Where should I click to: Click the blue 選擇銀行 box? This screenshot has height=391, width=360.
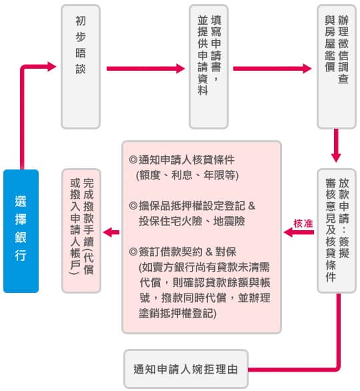(21, 231)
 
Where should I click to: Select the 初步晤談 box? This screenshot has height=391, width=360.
(81, 67)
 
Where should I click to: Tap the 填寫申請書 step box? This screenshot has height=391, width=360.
(209, 67)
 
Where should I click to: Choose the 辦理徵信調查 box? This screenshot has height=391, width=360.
(337, 67)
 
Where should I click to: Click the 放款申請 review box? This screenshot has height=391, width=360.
(337, 231)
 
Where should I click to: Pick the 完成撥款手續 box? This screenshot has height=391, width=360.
(81, 231)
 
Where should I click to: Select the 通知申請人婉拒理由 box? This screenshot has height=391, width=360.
(186, 369)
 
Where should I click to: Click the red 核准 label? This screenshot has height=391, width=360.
(303, 224)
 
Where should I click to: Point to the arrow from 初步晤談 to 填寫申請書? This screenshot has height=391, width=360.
(146, 69)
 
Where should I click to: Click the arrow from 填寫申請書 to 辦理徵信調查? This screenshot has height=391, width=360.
(272, 69)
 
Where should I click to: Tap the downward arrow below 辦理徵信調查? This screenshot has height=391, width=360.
(336, 145)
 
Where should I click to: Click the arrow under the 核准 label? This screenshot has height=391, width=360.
(299, 232)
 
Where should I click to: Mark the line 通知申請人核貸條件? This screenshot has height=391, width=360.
(182, 160)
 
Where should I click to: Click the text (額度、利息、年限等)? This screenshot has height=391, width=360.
(187, 175)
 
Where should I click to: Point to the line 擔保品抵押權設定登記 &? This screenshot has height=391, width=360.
(192, 206)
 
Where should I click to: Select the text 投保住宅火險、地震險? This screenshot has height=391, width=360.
(192, 221)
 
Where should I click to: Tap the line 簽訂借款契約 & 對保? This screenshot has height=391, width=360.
(183, 252)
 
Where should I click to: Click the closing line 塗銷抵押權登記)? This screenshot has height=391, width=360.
(177, 313)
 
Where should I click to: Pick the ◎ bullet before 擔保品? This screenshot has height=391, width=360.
(133, 206)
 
